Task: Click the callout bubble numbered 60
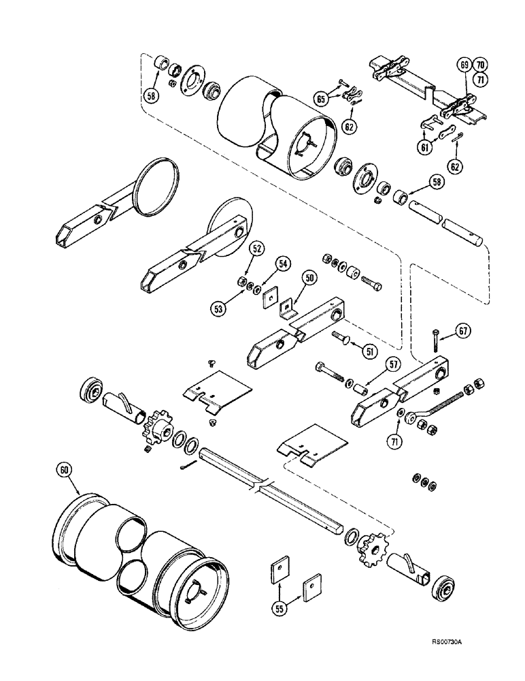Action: (65, 469)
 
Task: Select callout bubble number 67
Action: (462, 331)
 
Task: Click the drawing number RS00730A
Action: (449, 661)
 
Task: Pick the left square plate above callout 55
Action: (280, 567)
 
